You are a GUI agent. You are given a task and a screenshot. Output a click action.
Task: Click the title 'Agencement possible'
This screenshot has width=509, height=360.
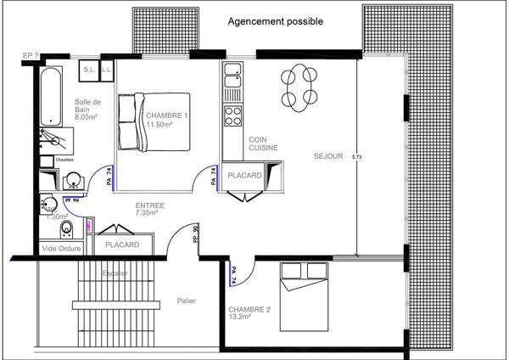tap(275, 21)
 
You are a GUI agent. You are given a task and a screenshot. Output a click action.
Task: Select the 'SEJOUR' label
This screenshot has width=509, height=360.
tap(328, 156)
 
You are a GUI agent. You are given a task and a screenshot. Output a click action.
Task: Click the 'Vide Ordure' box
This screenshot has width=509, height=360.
tap(60, 248)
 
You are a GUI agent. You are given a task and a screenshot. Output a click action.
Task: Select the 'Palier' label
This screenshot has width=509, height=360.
tap(187, 300)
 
